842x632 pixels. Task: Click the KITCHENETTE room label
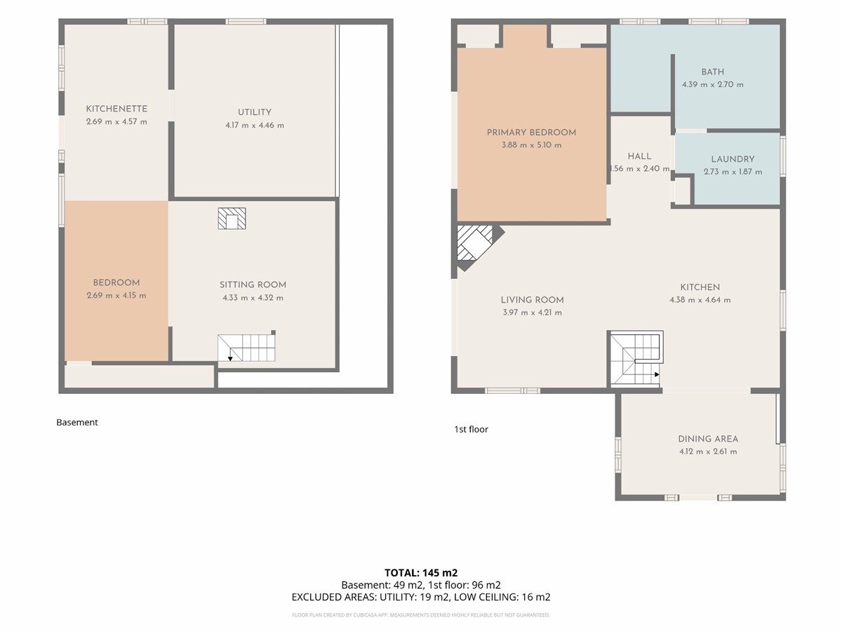click(x=116, y=109)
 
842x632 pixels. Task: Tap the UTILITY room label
click(x=255, y=112)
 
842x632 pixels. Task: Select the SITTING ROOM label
click(x=253, y=284)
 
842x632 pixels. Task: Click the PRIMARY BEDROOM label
click(x=531, y=133)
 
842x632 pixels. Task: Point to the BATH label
click(x=713, y=72)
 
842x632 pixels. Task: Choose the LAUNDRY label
click(x=733, y=159)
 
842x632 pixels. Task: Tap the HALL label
click(x=639, y=157)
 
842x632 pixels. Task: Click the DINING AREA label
click(x=708, y=439)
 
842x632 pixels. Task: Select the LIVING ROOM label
click(x=533, y=300)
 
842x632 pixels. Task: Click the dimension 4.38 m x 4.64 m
click(x=700, y=300)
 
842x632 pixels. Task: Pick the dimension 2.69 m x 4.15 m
click(x=116, y=296)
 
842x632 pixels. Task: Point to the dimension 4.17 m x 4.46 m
click(x=255, y=125)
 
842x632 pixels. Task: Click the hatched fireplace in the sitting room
click(x=232, y=218)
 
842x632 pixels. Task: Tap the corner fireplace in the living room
click(x=477, y=246)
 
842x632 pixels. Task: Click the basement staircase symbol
click(x=246, y=348)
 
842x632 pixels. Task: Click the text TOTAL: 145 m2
click(x=421, y=573)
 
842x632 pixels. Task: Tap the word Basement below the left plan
click(x=77, y=423)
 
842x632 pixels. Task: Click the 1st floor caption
click(x=471, y=429)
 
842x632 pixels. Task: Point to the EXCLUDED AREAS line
click(x=421, y=597)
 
